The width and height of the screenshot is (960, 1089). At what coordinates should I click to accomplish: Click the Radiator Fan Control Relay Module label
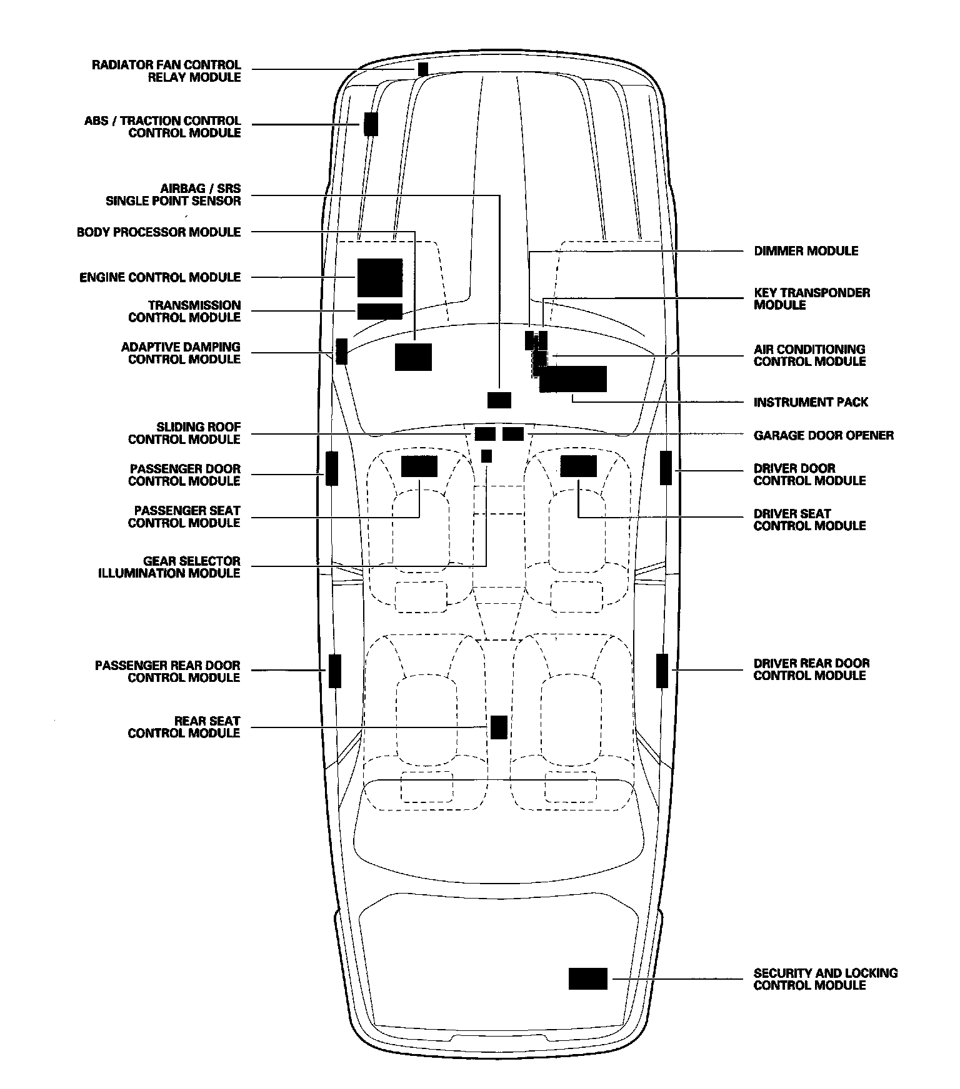(166, 71)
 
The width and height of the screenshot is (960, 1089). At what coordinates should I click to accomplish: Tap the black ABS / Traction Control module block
(371, 124)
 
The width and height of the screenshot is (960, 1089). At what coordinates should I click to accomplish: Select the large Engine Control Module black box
(379, 277)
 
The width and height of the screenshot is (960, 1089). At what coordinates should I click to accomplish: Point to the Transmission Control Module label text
(184, 311)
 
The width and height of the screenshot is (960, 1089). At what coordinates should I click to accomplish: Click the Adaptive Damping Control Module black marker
(341, 351)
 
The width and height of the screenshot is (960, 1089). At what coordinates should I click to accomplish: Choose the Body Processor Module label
(159, 232)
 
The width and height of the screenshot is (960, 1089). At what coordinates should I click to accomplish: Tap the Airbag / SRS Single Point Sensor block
(499, 400)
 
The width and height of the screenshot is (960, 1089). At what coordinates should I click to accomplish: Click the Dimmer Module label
(806, 251)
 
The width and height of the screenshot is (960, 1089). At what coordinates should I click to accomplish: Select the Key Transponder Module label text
(811, 298)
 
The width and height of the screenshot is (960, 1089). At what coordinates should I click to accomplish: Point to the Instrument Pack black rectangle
(572, 379)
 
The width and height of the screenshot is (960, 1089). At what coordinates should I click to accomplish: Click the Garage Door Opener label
(823, 435)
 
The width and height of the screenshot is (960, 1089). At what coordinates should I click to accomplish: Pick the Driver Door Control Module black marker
(666, 468)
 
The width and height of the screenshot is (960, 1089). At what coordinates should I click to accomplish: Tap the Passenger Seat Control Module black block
(419, 466)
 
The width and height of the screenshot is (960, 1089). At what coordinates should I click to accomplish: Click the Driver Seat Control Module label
(809, 520)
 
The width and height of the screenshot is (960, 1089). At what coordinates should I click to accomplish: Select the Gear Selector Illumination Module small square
(486, 456)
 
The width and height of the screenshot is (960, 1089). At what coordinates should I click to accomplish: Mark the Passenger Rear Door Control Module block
(335, 671)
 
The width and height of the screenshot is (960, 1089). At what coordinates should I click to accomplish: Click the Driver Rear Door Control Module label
(811, 669)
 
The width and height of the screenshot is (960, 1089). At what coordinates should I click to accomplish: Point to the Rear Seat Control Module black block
(498, 727)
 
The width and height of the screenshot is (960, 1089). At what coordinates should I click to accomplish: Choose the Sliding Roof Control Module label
(184, 433)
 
